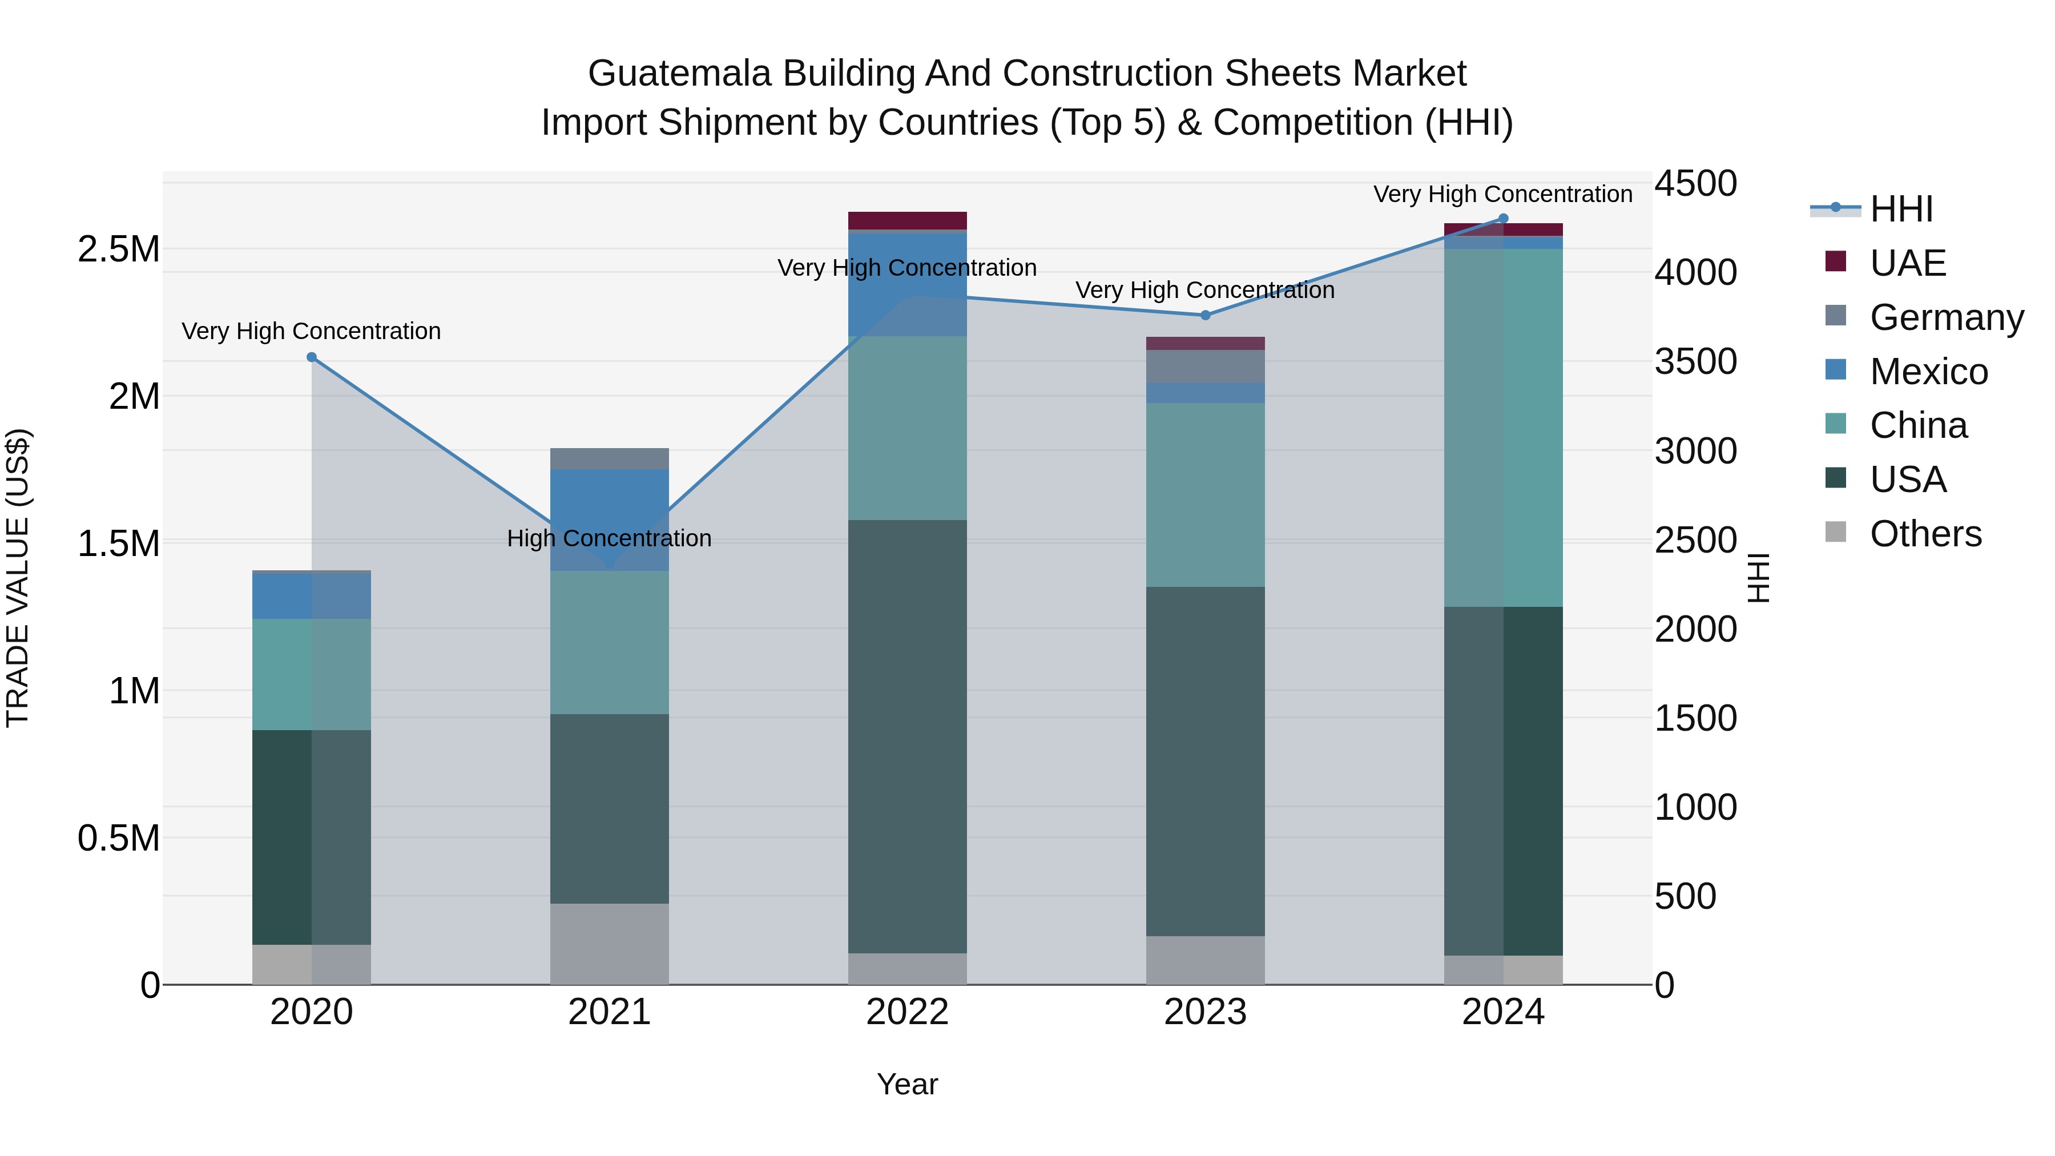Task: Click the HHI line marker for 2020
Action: pos(312,357)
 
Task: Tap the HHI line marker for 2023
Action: pos(1206,315)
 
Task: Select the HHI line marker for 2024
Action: pos(1503,219)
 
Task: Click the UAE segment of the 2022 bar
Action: pos(907,220)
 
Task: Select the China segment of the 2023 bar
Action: pos(1206,494)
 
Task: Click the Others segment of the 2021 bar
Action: pos(610,944)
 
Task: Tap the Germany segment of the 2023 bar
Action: pos(1206,366)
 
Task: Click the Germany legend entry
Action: pos(1946,317)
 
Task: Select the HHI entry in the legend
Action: pos(1901,209)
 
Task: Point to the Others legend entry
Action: pos(1925,534)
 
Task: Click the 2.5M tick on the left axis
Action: pos(118,249)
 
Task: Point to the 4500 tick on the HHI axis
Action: pos(1695,183)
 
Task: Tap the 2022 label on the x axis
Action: pos(907,1012)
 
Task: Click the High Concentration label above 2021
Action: pos(610,538)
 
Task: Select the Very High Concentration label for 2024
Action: pos(1503,194)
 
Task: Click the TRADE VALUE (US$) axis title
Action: pos(18,578)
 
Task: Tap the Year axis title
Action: pos(907,1084)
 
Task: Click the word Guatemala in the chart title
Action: pos(680,74)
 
